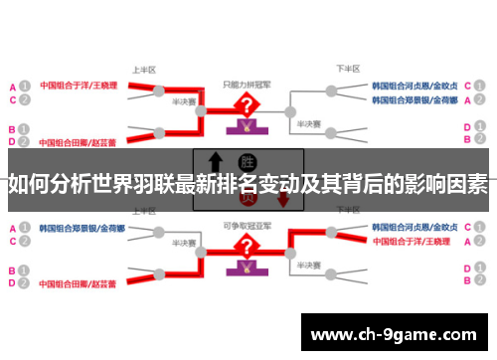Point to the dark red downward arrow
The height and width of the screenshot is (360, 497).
pos(283,198)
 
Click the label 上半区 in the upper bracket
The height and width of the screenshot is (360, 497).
pos(145,71)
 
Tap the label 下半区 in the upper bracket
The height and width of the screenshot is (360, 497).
pos(347,71)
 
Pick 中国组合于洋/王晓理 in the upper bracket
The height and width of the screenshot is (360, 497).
pos(78,86)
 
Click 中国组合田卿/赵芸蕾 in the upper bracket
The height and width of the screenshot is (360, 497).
pos(78,129)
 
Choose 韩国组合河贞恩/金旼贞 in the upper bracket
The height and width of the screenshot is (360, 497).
pos(414,86)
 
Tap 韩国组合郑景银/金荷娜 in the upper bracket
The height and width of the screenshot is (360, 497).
pos(414,100)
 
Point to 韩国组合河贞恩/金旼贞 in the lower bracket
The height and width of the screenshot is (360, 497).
pos(414,228)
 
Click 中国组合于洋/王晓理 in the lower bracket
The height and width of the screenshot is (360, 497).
pos(415,243)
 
